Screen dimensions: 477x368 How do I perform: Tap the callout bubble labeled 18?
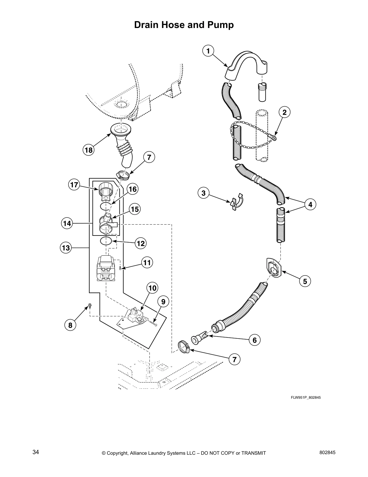[89, 150]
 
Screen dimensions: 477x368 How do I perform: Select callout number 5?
[305, 281]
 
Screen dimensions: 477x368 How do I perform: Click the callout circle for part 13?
[66, 248]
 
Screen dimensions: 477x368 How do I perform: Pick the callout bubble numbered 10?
[152, 288]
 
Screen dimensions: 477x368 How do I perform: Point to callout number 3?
[204, 193]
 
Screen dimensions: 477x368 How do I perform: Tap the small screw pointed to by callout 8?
[89, 306]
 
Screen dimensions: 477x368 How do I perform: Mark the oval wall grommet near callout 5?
[274, 268]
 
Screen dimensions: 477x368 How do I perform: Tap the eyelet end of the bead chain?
[273, 138]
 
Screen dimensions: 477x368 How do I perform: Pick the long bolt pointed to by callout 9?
[153, 323]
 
